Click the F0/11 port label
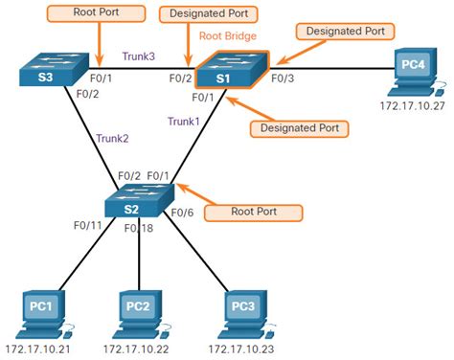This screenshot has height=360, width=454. click(89, 227)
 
